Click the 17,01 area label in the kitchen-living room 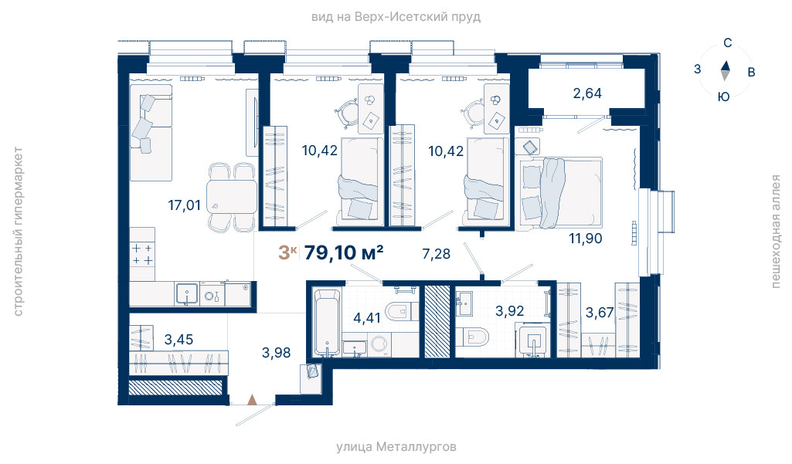pyautogui.click(x=185, y=205)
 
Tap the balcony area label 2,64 pyautogui.click(x=587, y=93)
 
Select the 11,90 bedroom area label pyautogui.click(x=586, y=239)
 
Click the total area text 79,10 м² pyautogui.click(x=344, y=252)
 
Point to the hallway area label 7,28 pyautogui.click(x=436, y=253)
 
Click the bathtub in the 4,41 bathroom pyautogui.click(x=326, y=322)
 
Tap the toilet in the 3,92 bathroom pyautogui.click(x=472, y=337)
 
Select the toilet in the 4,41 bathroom pyautogui.click(x=402, y=312)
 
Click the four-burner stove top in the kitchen pyautogui.click(x=142, y=254)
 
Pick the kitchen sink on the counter pyautogui.click(x=187, y=294)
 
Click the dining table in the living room pyautogui.click(x=232, y=197)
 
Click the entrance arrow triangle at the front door pyautogui.click(x=252, y=400)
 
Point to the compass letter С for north pyautogui.click(x=727, y=43)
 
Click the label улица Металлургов pyautogui.click(x=396, y=447)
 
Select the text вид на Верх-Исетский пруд pyautogui.click(x=396, y=17)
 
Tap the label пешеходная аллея pyautogui.click(x=775, y=232)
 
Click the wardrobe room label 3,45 pyautogui.click(x=178, y=339)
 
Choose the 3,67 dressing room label pyautogui.click(x=600, y=313)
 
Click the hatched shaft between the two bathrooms pyautogui.click(x=437, y=322)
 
